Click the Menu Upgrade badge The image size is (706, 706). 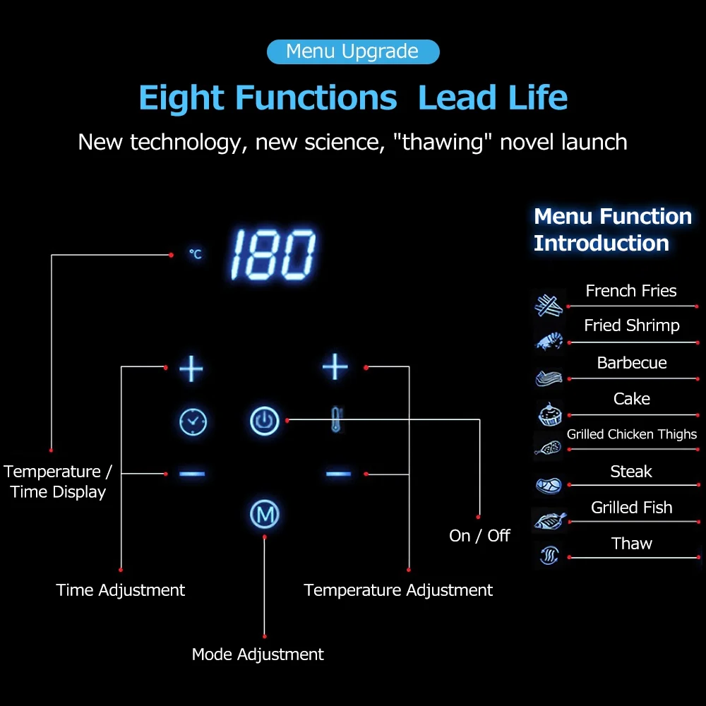(x=353, y=52)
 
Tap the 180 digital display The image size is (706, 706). (x=273, y=254)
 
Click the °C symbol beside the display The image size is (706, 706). (x=196, y=253)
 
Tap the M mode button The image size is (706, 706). (x=265, y=515)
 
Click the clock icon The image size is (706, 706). (x=192, y=421)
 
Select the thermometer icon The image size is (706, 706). (x=337, y=420)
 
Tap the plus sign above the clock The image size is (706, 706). (x=191, y=368)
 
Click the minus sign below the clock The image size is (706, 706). (x=192, y=473)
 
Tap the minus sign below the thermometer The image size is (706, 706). (x=338, y=473)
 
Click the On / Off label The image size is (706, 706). (x=479, y=536)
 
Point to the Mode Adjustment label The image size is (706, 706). (x=258, y=654)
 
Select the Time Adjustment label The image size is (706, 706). (x=121, y=590)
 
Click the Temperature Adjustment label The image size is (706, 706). (x=398, y=590)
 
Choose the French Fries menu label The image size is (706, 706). (x=631, y=291)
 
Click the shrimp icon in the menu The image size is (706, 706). (x=549, y=341)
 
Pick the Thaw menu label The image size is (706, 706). (x=632, y=544)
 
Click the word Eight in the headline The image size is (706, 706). (x=181, y=97)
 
